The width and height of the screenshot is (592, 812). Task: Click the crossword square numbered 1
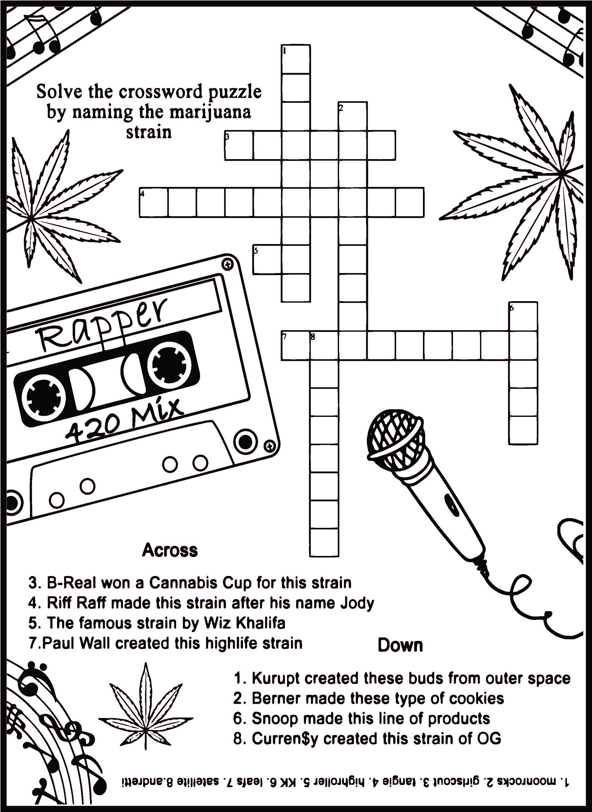[296, 59]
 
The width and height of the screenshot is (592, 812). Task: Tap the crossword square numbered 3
[239, 145]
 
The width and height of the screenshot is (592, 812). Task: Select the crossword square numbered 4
[153, 202]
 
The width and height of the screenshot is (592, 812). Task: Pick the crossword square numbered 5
[267, 259]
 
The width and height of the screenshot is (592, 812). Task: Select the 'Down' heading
[400, 645]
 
